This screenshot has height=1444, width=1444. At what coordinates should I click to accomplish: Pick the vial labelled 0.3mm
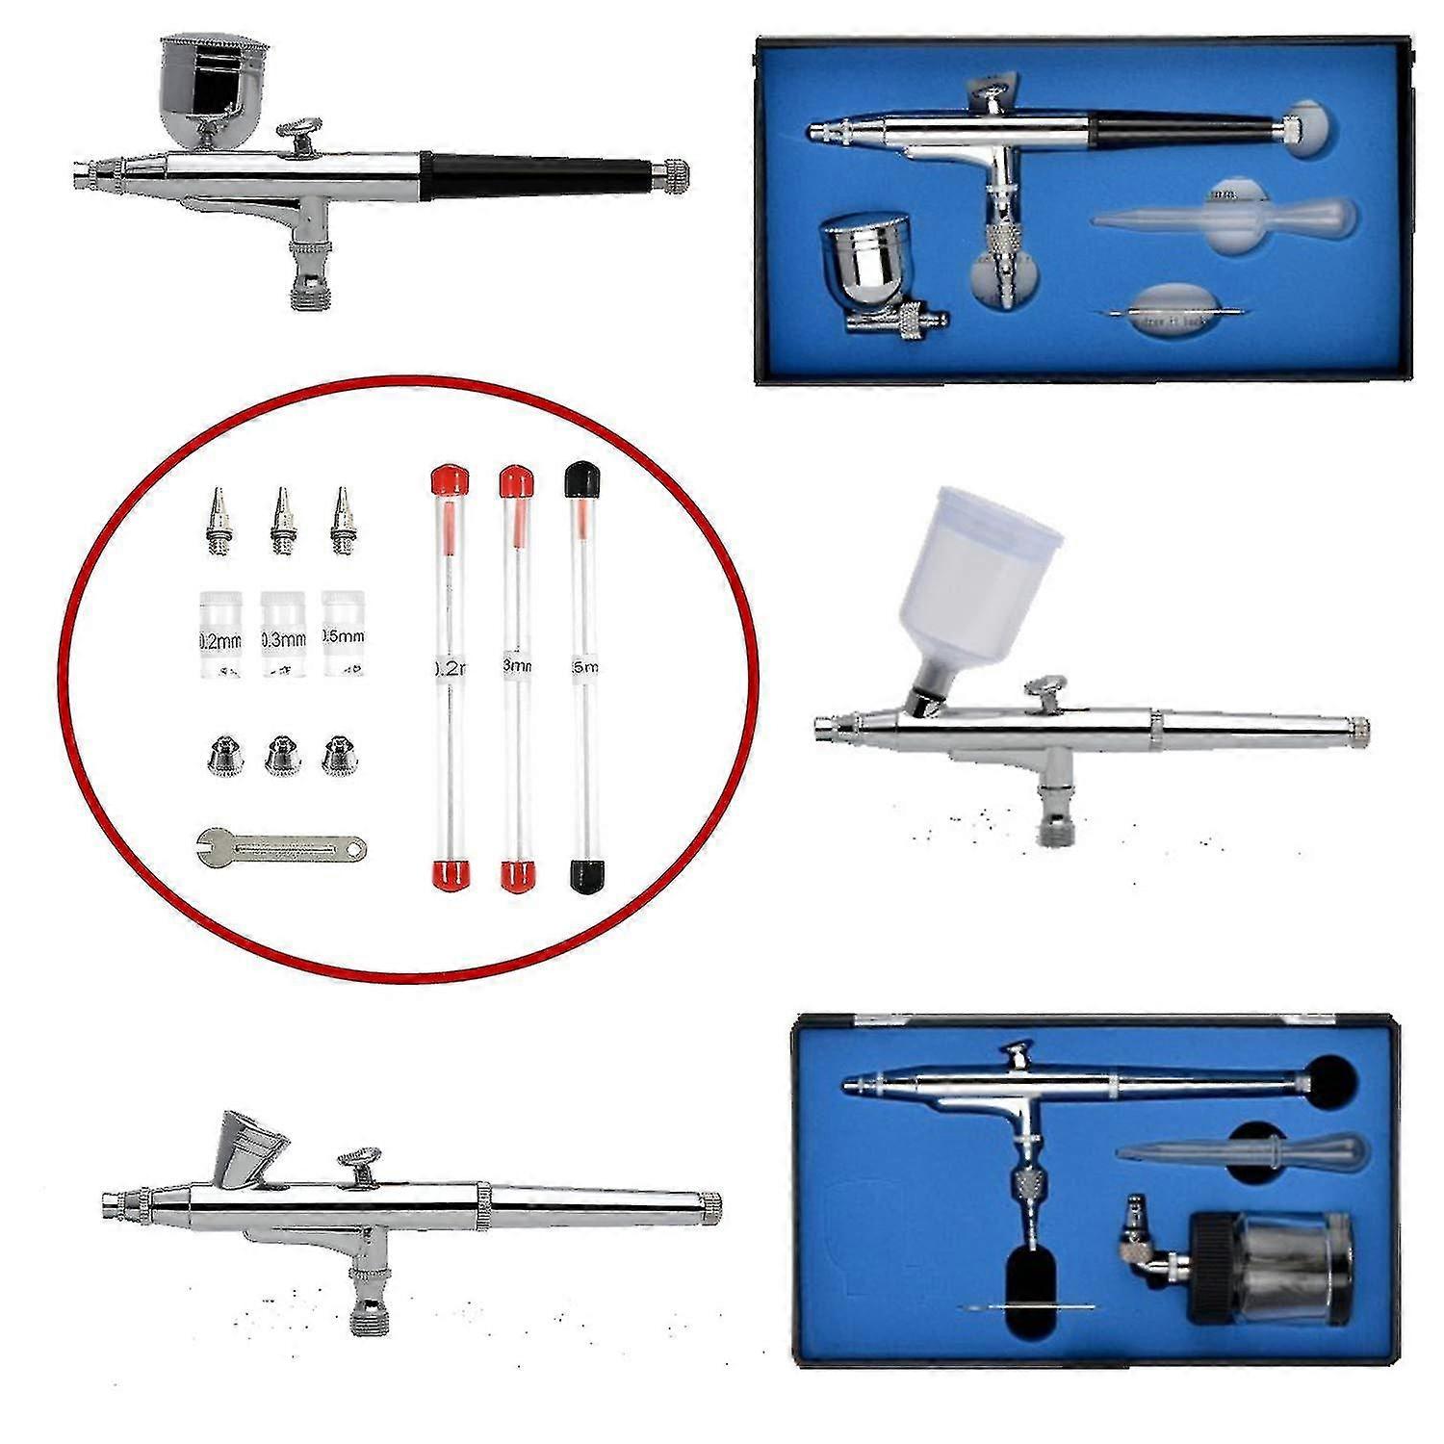tap(283, 636)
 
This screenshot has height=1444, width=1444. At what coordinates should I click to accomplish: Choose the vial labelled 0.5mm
tap(346, 636)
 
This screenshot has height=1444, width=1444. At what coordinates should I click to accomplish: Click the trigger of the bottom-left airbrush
tap(358, 1163)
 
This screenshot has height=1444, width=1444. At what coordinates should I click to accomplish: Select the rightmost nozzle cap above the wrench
tap(338, 756)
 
